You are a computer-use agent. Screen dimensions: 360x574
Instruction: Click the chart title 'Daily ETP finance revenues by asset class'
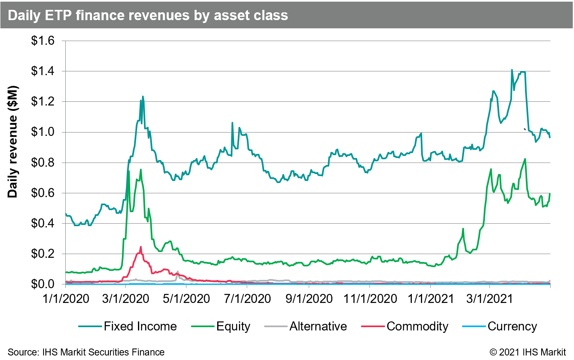click(x=148, y=15)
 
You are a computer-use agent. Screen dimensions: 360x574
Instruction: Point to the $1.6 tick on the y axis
click(x=43, y=41)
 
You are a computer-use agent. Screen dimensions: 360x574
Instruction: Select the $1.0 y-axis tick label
click(x=43, y=132)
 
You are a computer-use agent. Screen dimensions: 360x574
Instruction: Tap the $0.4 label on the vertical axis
click(x=43, y=224)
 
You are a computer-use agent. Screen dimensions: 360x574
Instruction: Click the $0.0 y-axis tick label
click(x=43, y=284)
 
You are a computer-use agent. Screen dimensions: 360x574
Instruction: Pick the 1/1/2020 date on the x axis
click(x=66, y=298)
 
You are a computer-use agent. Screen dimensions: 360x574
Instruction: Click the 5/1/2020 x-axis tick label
click(x=187, y=298)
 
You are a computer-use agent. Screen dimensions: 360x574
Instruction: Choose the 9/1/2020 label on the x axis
click(x=309, y=298)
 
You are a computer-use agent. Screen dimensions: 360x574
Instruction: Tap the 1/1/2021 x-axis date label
click(x=430, y=298)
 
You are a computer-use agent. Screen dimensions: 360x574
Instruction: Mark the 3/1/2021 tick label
click(x=490, y=298)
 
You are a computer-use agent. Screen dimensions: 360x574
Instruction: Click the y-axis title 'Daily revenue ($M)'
click(x=13, y=142)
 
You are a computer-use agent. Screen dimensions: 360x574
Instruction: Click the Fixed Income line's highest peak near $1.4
click(x=512, y=70)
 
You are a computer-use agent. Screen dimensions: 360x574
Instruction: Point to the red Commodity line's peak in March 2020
click(x=141, y=247)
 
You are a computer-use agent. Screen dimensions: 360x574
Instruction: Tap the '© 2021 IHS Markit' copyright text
click(x=528, y=352)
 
